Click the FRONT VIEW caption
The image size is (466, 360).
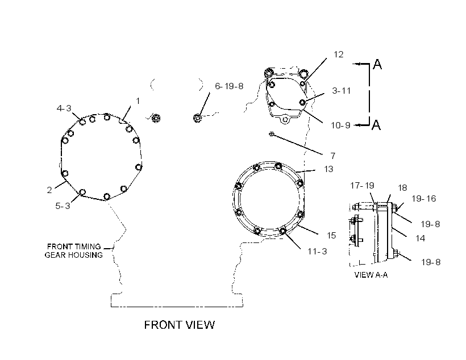coord(179,325)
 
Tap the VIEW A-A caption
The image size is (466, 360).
coord(371,275)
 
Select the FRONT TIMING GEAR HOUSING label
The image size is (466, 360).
coord(74,250)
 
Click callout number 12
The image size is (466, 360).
coord(339,55)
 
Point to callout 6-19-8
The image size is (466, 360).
coord(229,86)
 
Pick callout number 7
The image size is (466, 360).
coord(333,156)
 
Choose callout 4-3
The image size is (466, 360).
coord(64,108)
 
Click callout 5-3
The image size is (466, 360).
coord(63,206)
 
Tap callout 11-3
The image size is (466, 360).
coord(317,252)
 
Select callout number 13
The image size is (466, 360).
coord(328,169)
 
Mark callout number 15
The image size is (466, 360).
coord(331,235)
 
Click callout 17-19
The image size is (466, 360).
coord(362,186)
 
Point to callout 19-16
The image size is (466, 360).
coord(423,198)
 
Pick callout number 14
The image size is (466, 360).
coord(420,238)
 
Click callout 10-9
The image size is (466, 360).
coord(340,125)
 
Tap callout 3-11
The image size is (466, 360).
coord(341,91)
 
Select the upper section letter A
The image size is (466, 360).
coord(377,64)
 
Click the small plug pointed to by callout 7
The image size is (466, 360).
coord(271,134)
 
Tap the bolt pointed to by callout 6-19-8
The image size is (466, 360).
coord(197,118)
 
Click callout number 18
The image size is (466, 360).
coord(402,188)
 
